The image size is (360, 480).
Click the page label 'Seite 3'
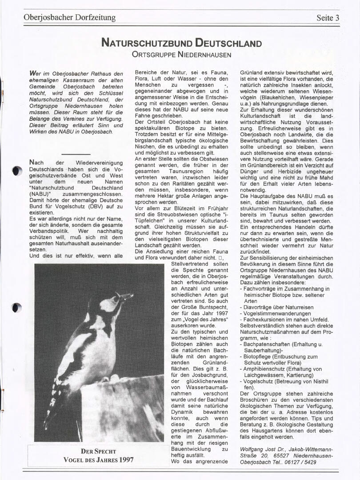coord(328,18)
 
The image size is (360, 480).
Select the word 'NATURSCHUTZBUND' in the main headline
coord(147,43)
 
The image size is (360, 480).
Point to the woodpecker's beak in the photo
coord(125,296)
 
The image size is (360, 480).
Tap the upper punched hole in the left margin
coord(17,171)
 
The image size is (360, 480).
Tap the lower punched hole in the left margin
coord(16,307)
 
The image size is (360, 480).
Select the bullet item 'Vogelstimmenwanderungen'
coord(272,313)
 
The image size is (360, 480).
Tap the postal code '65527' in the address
coord(283,456)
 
